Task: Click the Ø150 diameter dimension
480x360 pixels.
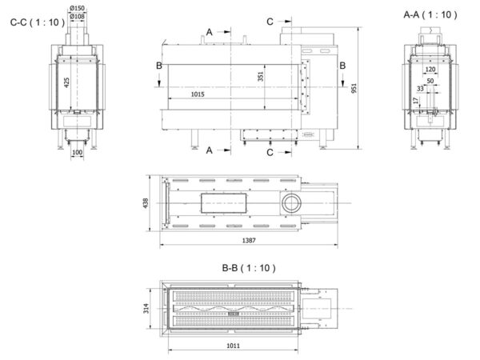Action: tap(77, 8)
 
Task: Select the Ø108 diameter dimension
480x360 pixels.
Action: tap(77, 16)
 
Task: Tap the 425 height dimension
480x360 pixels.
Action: tap(66, 82)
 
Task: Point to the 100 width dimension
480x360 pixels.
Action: tap(77, 152)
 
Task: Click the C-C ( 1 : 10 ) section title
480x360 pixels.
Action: tap(38, 22)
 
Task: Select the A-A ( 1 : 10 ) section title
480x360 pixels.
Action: tap(430, 14)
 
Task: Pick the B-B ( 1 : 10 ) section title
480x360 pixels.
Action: tap(249, 268)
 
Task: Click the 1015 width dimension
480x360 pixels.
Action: tap(198, 94)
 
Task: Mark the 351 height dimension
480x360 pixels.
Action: tap(261, 77)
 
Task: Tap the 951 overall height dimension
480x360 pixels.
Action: tap(354, 88)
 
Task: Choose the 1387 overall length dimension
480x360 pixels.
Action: tap(249, 241)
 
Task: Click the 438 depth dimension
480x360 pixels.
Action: tap(146, 203)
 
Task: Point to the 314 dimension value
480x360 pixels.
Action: tap(146, 308)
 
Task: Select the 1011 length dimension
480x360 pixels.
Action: tap(233, 346)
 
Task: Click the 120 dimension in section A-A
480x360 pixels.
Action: tap(430, 70)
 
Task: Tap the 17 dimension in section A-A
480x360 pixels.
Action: tap(415, 101)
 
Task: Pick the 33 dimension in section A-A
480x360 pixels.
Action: tap(420, 89)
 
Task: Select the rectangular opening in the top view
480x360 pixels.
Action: tap(224, 203)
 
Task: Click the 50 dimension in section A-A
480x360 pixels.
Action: tap(430, 81)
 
